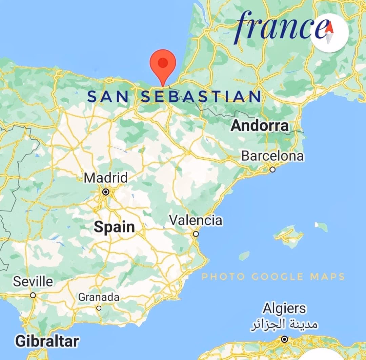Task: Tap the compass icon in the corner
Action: tap(329, 34)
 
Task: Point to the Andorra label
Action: tap(260, 126)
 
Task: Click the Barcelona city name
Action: tap(272, 156)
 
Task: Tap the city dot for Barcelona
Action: tap(272, 169)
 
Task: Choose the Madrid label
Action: tap(106, 178)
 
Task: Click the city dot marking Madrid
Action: tap(106, 192)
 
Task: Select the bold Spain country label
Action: tap(114, 227)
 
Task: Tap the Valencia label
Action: tap(196, 220)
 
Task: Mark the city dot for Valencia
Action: tap(196, 234)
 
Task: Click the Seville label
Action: tap(33, 281)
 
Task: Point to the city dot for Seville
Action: tap(33, 295)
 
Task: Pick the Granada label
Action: tap(99, 297)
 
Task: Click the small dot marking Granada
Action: tap(99, 308)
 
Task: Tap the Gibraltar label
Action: tap(47, 341)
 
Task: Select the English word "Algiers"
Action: tap(284, 309)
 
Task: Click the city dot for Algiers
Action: tap(285, 339)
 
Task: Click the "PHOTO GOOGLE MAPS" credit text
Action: tap(273, 277)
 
